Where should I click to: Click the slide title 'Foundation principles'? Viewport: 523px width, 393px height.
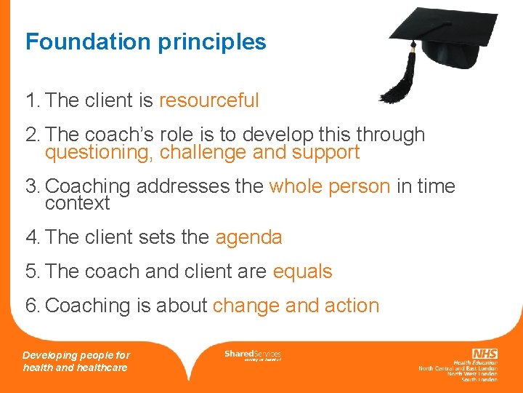tap(146, 42)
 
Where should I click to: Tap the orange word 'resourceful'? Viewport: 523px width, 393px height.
tap(209, 100)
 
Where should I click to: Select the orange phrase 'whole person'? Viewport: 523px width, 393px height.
tap(330, 186)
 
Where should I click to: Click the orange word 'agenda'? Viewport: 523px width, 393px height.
tap(249, 237)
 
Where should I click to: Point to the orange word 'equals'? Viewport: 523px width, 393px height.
tap(302, 271)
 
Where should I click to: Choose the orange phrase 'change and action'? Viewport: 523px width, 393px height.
tap(296, 306)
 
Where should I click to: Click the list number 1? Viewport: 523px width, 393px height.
tap(31, 100)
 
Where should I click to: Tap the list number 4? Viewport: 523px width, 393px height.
tap(31, 237)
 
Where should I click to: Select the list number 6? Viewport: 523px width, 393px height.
tap(31, 306)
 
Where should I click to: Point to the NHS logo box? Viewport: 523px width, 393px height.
tap(484, 354)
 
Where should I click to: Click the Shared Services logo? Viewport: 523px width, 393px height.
tap(252, 354)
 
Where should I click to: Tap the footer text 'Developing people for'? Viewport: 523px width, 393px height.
tap(76, 355)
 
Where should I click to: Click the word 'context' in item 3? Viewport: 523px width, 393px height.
tap(77, 203)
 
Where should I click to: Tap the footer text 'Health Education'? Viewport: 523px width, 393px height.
tap(476, 362)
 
